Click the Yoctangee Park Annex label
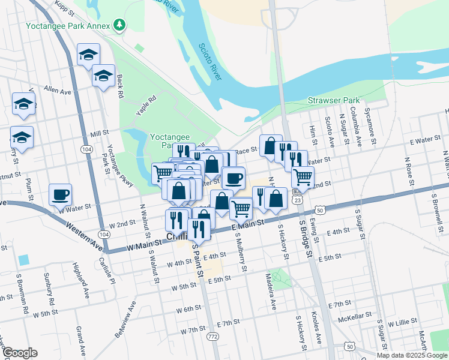point(68,26)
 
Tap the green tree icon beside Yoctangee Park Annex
point(120,25)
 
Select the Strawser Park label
point(333,100)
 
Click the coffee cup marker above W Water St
point(60,195)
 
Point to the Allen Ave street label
point(57,91)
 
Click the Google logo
point(20,353)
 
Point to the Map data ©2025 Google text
point(412,355)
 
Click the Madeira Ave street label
point(270,292)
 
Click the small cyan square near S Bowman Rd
point(23,260)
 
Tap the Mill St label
point(98,133)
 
